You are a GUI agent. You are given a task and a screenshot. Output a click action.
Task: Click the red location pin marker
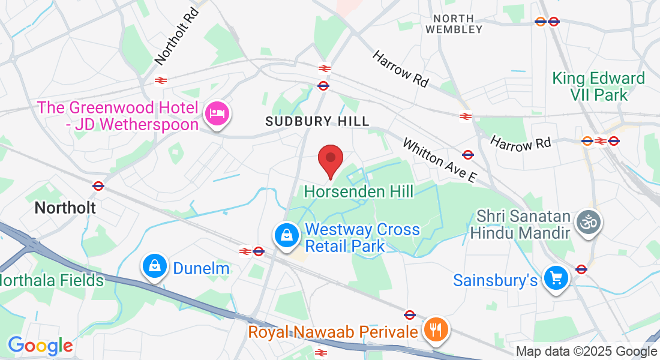click(x=330, y=160)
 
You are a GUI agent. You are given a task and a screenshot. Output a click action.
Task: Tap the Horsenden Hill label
click(x=359, y=192)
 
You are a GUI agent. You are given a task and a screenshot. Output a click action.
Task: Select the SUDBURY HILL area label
click(x=317, y=121)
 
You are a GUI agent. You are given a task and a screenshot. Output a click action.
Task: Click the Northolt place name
click(x=65, y=208)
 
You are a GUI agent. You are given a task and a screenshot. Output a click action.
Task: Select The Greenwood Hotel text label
click(x=118, y=116)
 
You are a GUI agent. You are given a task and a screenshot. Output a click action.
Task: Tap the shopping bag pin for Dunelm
click(x=155, y=266)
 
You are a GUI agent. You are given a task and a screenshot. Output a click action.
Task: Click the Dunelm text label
click(x=201, y=268)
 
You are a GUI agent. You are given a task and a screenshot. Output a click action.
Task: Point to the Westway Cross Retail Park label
click(x=362, y=238)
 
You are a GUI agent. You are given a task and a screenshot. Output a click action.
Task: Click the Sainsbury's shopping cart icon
click(x=556, y=278)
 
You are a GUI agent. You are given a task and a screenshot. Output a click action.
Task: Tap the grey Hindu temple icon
click(x=588, y=223)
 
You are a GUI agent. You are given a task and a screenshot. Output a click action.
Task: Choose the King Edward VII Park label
click(x=598, y=86)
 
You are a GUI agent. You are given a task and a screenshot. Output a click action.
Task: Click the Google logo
click(x=40, y=346)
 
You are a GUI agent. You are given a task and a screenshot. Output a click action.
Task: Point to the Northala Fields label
click(x=52, y=280)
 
